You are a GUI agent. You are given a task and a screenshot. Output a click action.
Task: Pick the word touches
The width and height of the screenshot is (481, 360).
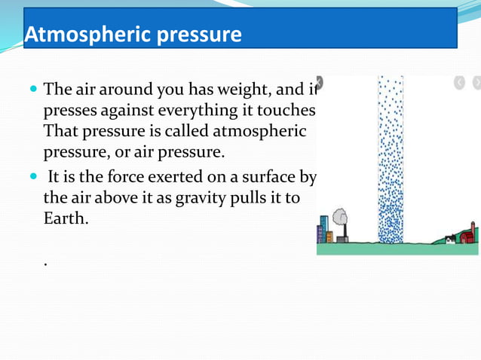[x=286, y=111]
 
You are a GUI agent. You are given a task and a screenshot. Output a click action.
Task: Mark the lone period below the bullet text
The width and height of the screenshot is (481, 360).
[x=46, y=264]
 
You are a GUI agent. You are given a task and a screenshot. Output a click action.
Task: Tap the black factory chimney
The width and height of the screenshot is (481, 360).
[x=345, y=230]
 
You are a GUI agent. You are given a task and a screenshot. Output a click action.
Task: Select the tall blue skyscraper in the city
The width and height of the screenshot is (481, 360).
[x=323, y=229]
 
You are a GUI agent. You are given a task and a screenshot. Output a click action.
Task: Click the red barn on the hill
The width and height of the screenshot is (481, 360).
[x=468, y=236]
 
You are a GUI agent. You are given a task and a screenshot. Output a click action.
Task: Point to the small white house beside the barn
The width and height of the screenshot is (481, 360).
[x=450, y=239]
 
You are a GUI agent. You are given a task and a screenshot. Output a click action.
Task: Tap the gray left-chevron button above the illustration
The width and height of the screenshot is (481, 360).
[x=460, y=83]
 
